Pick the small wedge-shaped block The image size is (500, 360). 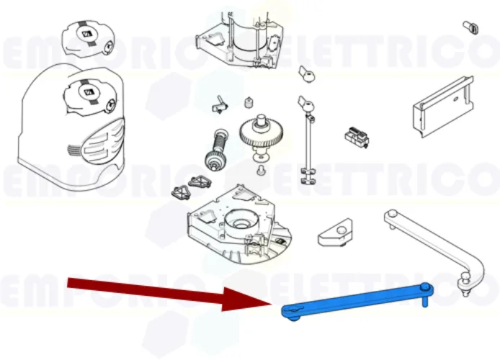(337, 231)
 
